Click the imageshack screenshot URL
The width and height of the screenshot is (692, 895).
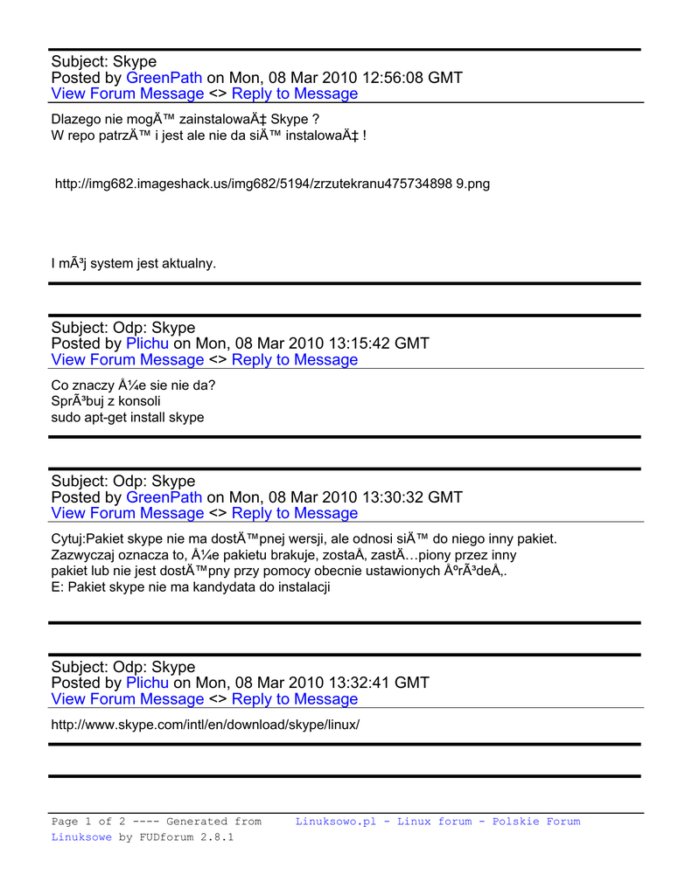[x=272, y=184]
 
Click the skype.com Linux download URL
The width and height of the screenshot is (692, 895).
[x=206, y=725]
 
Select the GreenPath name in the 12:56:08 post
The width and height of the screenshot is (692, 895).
[x=164, y=78]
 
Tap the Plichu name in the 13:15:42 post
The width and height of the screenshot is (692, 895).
[x=147, y=343]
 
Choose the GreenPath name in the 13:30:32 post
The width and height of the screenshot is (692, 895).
[x=164, y=497]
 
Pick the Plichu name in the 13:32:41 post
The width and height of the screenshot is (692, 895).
[x=147, y=683]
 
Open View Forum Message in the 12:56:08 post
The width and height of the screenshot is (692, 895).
[x=128, y=94]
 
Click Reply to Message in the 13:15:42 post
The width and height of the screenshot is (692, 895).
[x=295, y=360]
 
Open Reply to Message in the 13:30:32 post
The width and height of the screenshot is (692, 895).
[x=295, y=513]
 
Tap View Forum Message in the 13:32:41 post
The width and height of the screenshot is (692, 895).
[x=128, y=699]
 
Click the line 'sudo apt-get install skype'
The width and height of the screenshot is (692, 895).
[x=128, y=418]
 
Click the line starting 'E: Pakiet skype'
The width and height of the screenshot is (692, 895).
[x=190, y=587]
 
